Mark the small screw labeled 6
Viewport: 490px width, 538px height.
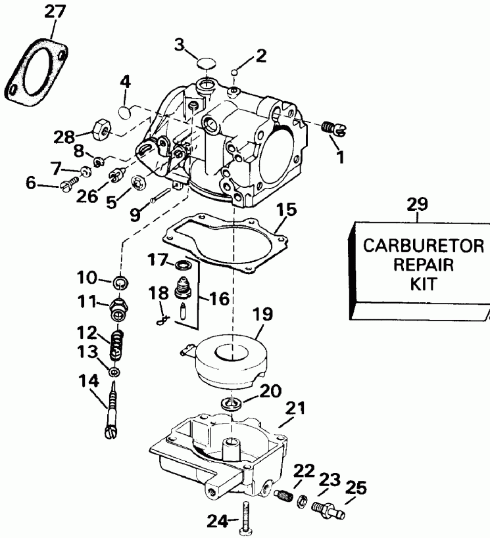point(69,187)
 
